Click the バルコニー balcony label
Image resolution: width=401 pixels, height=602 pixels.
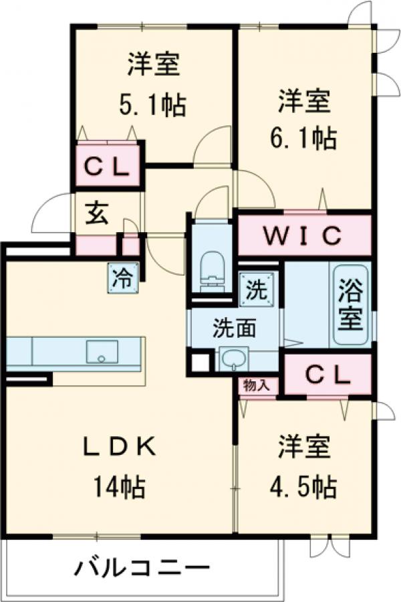coord(137,569)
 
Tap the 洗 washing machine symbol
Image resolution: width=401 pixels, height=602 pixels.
coord(256,290)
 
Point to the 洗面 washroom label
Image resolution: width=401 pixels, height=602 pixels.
coord(235,328)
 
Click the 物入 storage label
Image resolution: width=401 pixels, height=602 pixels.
coord(257,386)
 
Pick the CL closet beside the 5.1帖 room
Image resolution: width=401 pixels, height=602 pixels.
coord(107,169)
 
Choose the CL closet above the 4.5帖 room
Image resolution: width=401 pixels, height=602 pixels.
coord(328,377)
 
